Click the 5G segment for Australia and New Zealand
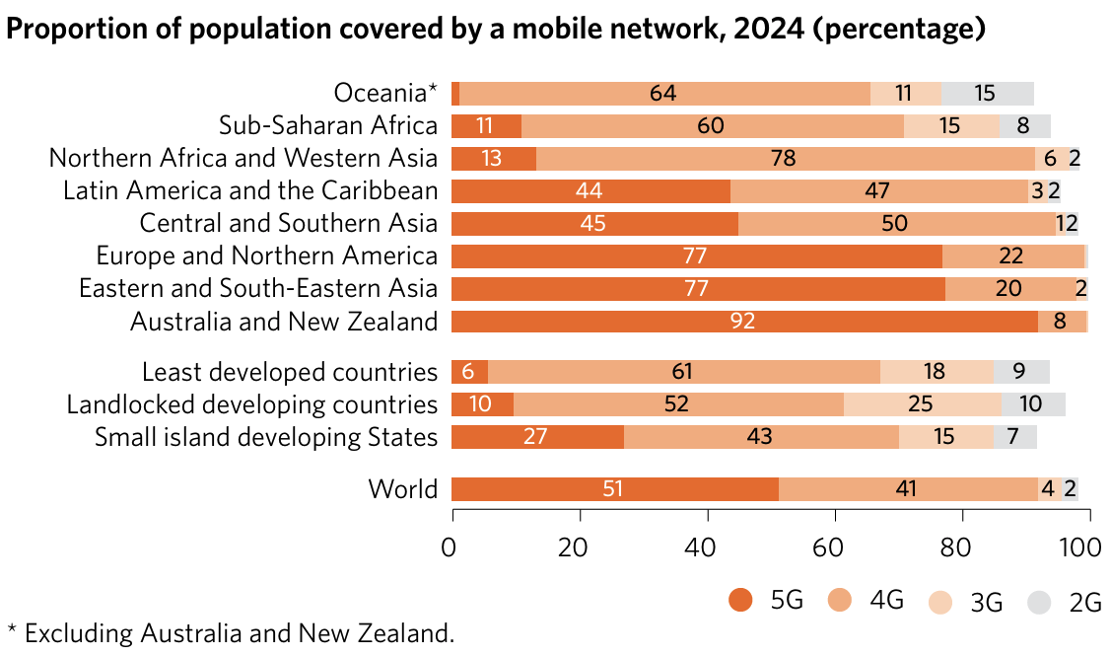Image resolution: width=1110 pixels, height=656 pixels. tap(744, 322)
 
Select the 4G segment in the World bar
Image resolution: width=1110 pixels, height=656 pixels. tap(908, 489)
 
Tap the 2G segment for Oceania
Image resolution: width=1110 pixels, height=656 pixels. tap(988, 94)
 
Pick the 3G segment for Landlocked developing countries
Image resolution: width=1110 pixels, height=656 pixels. tap(923, 404)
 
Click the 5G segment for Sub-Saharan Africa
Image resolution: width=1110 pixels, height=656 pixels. tap(485, 126)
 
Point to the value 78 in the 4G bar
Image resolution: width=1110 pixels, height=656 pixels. tap(785, 159)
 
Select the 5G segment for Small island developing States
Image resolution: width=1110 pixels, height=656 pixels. tap(536, 437)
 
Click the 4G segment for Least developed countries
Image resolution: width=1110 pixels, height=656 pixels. tap(683, 372)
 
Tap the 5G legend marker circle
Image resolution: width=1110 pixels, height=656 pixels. tap(739, 600)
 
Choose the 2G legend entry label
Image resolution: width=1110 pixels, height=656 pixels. tap(1085, 602)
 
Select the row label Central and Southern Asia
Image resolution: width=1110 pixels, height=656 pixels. tap(288, 224)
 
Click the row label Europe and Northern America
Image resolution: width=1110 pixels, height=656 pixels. tap(266, 256)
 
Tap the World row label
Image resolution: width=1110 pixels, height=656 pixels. tap(402, 489)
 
